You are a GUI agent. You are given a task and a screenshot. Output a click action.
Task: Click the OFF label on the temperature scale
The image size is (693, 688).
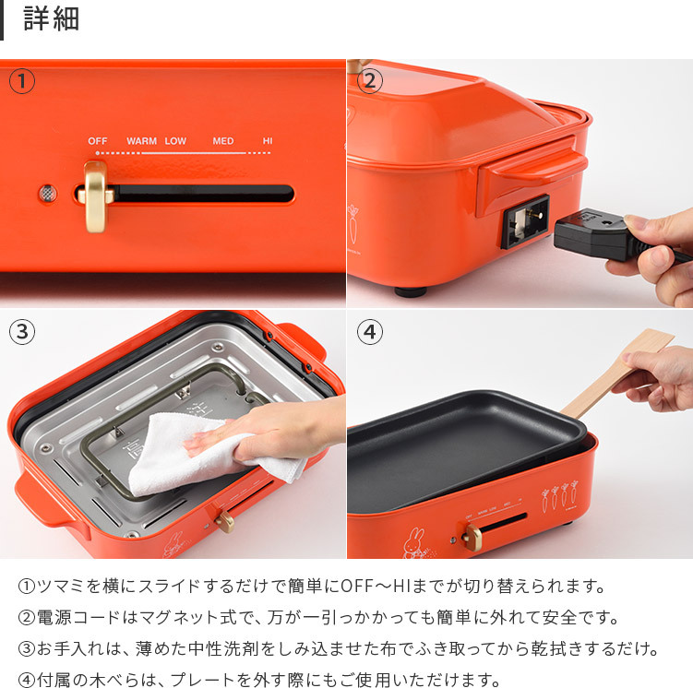[97, 141]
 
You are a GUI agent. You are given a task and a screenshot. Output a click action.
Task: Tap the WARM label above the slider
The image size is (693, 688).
[141, 141]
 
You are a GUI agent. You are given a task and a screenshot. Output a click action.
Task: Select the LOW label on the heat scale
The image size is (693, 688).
[175, 141]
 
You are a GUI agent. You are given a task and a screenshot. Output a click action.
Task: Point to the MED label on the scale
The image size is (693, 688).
[222, 141]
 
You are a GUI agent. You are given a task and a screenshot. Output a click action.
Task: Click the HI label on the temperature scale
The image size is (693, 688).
[268, 141]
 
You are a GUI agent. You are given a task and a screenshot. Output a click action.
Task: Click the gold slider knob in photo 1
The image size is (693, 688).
[96, 196]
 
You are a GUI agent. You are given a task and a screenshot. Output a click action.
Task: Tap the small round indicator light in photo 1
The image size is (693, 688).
[48, 194]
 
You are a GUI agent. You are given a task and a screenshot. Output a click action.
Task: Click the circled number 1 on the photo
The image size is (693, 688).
[21, 81]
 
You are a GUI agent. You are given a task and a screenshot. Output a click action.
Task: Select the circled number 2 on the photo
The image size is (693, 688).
[369, 81]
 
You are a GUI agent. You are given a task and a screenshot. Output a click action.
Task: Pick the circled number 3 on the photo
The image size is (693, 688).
[21, 332]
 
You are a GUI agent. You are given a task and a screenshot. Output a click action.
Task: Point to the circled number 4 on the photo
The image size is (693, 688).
[369, 332]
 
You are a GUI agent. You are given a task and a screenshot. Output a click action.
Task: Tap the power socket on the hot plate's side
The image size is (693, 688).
[525, 220]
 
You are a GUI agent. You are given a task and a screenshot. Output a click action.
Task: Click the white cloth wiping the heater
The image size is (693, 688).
[208, 453]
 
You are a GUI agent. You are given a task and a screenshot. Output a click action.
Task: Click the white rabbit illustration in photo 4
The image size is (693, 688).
[415, 543]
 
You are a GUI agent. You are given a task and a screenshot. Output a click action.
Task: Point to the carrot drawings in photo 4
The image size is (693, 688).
[559, 496]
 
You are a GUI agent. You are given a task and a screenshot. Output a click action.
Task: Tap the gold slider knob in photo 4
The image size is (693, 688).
[472, 537]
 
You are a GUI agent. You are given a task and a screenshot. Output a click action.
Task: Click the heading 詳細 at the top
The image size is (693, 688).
[52, 19]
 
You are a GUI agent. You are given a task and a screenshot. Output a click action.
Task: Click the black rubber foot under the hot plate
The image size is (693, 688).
[411, 291]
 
